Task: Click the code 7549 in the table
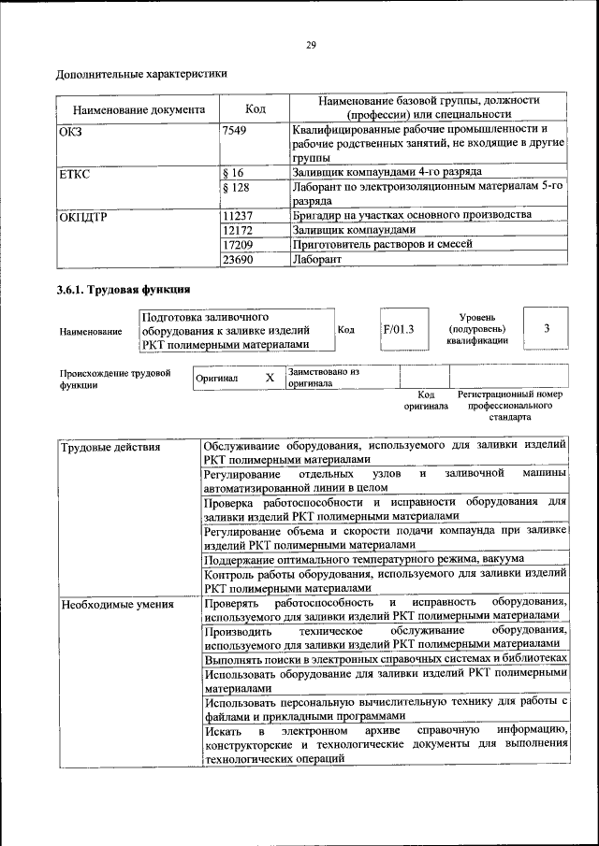tap(235, 130)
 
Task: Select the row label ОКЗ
tap(71, 130)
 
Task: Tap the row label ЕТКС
tap(75, 173)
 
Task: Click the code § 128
tap(238, 187)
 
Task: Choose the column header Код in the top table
tap(254, 108)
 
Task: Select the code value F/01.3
tap(399, 329)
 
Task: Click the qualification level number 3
tap(547, 328)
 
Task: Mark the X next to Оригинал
tap(270, 378)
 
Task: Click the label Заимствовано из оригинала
tap(323, 377)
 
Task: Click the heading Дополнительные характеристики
tap(141, 73)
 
